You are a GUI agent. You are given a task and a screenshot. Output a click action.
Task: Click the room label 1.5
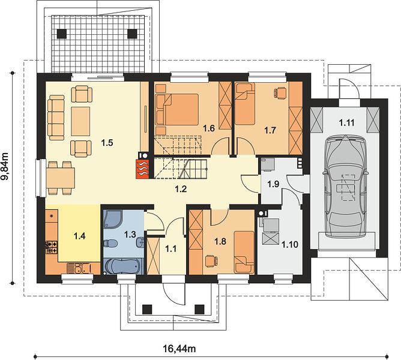point(107,143)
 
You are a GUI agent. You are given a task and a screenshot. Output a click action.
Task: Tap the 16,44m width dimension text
point(179,348)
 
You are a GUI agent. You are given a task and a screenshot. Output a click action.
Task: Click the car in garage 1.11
point(345,187)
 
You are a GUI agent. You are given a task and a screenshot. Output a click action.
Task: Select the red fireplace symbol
point(142,169)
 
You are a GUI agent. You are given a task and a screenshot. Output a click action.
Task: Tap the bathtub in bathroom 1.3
point(122,266)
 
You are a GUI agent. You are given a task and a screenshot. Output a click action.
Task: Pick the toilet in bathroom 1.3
point(110,243)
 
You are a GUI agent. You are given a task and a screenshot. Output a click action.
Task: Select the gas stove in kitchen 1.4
point(52,247)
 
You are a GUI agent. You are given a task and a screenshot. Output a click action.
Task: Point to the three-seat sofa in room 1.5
point(56,118)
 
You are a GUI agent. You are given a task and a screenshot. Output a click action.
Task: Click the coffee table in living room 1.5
point(80,121)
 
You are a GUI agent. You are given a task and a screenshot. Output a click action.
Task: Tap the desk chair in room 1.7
point(280,92)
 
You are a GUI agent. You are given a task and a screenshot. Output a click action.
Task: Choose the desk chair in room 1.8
point(211,261)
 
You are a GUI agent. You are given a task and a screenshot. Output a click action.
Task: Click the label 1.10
point(290,245)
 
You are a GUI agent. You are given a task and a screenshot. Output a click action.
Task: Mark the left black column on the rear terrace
point(62,34)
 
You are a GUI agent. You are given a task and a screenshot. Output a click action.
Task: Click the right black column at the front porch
point(199,310)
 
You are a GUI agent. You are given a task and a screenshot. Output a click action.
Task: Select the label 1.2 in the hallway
point(181,189)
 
